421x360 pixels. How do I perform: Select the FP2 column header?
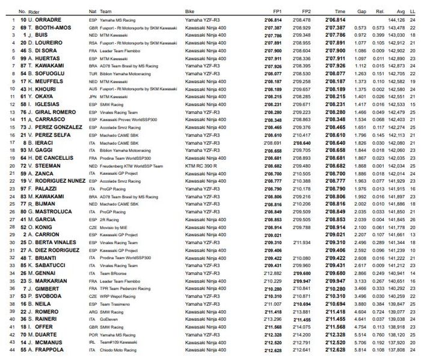[x=306, y=11]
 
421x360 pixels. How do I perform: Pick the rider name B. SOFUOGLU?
[x=48, y=73]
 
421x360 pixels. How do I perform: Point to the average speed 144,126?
[x=396, y=20]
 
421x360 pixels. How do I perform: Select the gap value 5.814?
[x=360, y=349]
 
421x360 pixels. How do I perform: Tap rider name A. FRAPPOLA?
[x=47, y=349]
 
